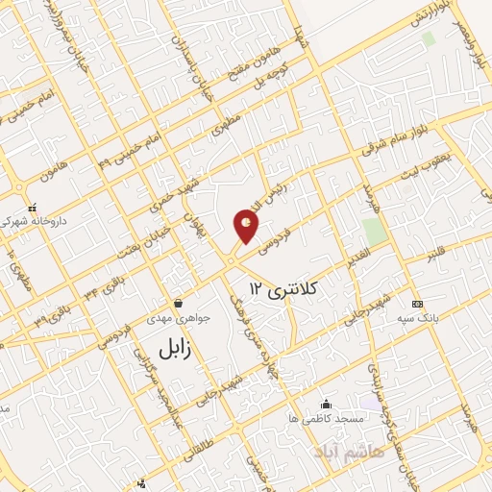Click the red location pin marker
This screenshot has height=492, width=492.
[x=247, y=227]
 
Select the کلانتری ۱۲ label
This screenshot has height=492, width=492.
[x=283, y=286]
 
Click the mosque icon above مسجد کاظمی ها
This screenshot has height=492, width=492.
[x=326, y=404]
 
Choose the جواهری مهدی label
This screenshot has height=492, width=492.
[x=171, y=317]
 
